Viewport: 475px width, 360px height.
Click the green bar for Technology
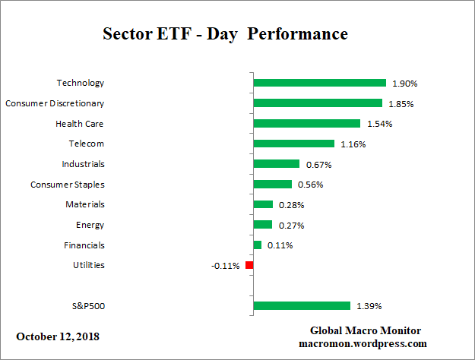(319, 83)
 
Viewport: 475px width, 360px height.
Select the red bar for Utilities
(249, 265)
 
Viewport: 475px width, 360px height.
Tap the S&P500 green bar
(301, 306)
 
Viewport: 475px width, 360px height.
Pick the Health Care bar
(306, 123)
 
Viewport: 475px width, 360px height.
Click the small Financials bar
(257, 245)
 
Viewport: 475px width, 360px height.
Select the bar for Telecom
(293, 144)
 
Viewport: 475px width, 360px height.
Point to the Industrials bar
(276, 163)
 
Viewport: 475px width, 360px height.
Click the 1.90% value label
(404, 83)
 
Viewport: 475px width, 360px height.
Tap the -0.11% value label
(226, 266)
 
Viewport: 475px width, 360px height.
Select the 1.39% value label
(369, 306)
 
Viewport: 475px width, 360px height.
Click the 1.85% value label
(401, 103)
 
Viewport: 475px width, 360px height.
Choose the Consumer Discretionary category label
(55, 103)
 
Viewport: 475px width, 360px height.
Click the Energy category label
(90, 225)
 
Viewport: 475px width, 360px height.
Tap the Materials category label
(85, 204)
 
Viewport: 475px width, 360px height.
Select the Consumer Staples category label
(68, 184)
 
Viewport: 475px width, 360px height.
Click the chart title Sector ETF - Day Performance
(225, 35)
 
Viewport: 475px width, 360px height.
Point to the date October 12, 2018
(58, 336)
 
